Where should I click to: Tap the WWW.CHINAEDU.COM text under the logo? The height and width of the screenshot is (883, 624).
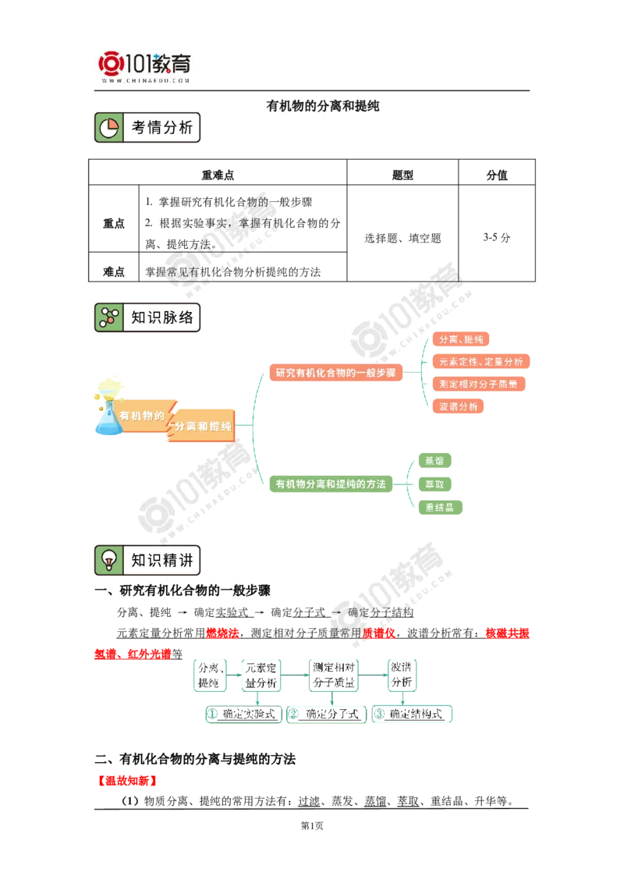[145, 80]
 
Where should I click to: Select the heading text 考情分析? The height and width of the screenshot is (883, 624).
[161, 128]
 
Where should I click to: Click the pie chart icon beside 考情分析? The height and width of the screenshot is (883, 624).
[109, 128]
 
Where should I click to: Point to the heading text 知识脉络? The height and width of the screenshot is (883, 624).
[161, 317]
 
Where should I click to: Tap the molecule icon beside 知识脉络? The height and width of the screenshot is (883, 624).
[109, 317]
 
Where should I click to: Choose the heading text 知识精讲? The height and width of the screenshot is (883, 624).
[161, 560]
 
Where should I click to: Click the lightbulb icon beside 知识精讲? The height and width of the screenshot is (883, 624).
[109, 560]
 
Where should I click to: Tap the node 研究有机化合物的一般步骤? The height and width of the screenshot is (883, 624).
[335, 372]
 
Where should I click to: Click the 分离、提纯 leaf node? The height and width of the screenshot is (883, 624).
[461, 339]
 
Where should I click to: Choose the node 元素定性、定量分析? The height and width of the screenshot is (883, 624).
[480, 361]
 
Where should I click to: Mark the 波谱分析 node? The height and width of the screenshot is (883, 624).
[459, 406]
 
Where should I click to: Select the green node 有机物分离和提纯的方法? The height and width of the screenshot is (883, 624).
[331, 484]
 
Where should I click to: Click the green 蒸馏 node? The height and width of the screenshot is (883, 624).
[435, 459]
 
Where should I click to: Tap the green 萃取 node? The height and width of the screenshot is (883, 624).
[435, 484]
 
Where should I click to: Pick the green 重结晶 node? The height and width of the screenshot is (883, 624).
[441, 508]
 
